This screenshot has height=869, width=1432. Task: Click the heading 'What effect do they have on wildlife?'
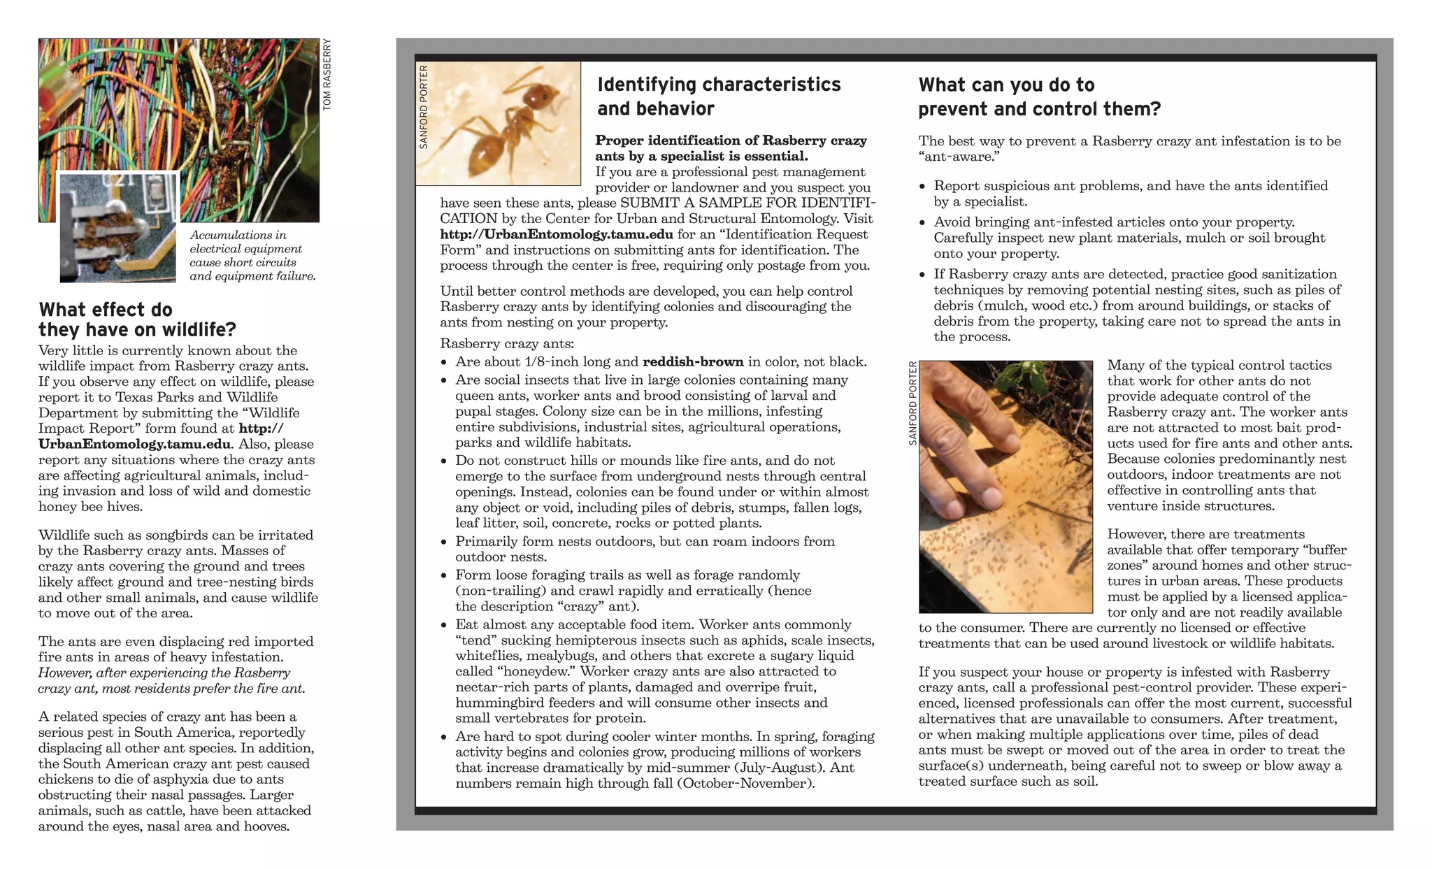point(137,319)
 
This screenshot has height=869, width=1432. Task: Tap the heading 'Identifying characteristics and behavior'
point(718,96)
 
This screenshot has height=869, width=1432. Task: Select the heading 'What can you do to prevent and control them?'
point(1039,97)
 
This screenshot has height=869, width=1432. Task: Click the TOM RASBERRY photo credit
point(327,75)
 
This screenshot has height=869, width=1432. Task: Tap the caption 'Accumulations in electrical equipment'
point(245,242)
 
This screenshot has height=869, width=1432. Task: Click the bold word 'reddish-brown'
point(692,361)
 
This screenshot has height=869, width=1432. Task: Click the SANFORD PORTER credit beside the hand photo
point(912,403)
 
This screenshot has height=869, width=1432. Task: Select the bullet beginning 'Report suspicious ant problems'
point(1129,194)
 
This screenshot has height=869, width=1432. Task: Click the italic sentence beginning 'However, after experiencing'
point(171,680)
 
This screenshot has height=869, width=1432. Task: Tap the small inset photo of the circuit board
point(117,227)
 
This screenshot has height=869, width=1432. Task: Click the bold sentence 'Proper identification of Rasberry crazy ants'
point(730,148)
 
